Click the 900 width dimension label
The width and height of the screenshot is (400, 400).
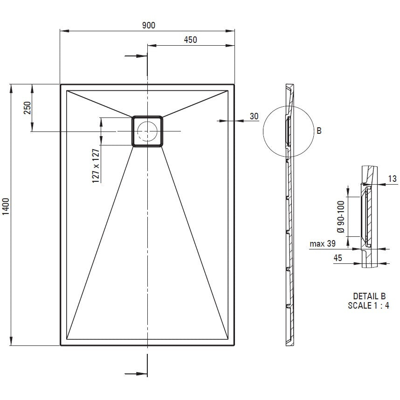point(148,25)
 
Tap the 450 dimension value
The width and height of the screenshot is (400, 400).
point(190,40)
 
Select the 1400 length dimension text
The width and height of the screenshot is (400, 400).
point(6,206)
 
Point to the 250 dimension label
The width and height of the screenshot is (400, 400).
point(28,108)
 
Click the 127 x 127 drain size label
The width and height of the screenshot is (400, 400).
point(96,166)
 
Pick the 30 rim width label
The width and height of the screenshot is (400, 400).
point(254,117)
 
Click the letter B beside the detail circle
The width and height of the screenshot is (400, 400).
point(319,131)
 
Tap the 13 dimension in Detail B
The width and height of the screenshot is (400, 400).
point(393,179)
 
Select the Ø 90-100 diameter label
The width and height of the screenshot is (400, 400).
point(341,217)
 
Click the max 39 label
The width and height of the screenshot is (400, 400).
point(323,244)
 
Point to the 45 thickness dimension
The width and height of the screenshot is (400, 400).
point(338,258)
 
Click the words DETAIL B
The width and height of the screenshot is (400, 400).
point(369,296)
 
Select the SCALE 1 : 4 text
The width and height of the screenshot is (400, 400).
point(369,305)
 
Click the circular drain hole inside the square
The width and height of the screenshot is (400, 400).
point(147,131)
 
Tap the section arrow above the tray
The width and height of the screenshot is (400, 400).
point(136,56)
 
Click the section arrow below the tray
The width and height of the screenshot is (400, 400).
point(136,374)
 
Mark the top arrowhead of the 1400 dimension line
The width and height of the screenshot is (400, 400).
point(11,89)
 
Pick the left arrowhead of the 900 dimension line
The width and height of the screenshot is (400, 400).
point(64,31)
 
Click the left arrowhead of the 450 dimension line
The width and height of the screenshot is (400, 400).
point(152,45)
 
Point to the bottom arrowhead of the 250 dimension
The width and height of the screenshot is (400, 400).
point(32,127)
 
